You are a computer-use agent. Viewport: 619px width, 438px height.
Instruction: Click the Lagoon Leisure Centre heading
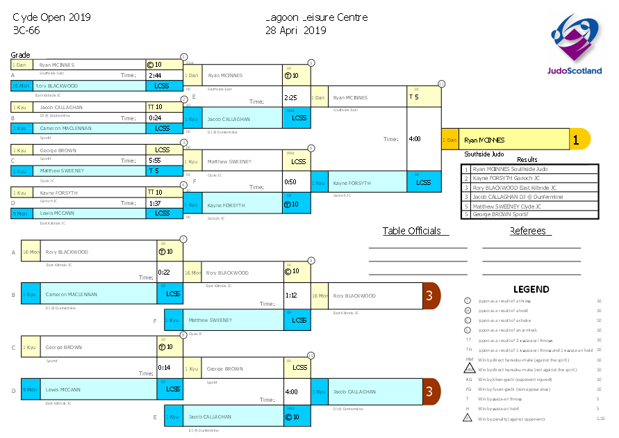pyautogui.click(x=316, y=17)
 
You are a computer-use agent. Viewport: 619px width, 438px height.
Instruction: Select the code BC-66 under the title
pyautogui.click(x=26, y=30)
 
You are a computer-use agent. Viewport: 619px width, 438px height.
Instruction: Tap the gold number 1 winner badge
pyautogui.click(x=576, y=140)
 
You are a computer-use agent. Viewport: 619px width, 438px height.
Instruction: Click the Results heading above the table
pyautogui.click(x=527, y=160)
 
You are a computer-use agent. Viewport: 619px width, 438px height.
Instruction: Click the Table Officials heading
pyautogui.click(x=411, y=232)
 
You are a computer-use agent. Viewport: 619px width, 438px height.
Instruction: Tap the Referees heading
pyautogui.click(x=528, y=232)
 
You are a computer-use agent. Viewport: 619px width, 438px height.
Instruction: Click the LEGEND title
pyautogui.click(x=531, y=289)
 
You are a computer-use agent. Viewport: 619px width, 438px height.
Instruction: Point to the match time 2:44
pyautogui.click(x=155, y=76)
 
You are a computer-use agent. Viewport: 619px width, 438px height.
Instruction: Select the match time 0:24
pyautogui.click(x=154, y=118)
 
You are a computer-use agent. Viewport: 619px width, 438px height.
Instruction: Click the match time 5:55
pyautogui.click(x=154, y=161)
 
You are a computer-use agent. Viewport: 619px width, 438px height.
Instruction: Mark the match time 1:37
pyautogui.click(x=154, y=203)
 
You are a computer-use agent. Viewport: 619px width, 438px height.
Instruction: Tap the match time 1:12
pyautogui.click(x=290, y=295)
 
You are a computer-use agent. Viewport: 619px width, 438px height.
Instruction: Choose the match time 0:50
pyautogui.click(x=290, y=182)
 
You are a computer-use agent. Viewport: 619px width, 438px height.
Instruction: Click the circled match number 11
pyautogui.click(x=441, y=83)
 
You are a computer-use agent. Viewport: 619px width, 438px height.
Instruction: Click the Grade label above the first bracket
pyautogui.click(x=20, y=55)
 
